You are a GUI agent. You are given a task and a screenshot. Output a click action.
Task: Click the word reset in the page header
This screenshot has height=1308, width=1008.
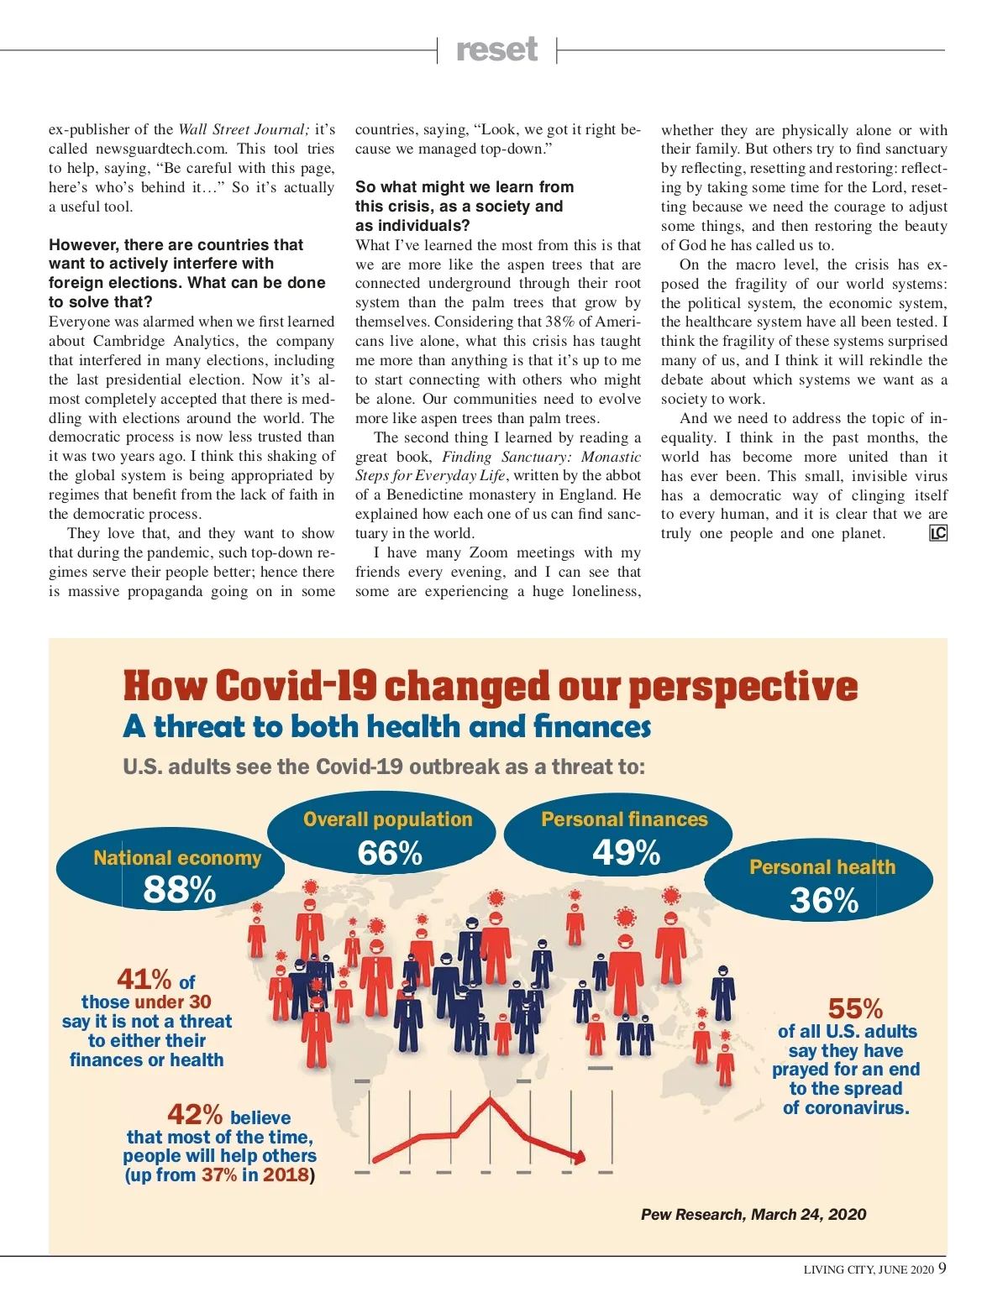click(496, 50)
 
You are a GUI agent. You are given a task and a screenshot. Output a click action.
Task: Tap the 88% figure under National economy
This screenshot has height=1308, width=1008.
click(180, 890)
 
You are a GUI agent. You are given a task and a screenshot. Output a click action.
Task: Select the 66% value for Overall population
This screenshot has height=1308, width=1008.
click(390, 854)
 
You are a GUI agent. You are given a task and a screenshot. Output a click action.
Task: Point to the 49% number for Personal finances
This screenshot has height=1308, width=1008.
click(627, 853)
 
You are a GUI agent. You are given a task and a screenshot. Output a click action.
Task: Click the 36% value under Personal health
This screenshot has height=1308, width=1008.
click(824, 901)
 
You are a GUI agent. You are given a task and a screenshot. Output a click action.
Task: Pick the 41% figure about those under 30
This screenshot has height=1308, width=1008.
click(144, 979)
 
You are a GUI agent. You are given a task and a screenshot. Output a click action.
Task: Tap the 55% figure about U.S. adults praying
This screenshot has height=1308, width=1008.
click(855, 1008)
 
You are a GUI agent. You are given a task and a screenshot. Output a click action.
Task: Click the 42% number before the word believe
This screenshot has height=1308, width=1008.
click(195, 1115)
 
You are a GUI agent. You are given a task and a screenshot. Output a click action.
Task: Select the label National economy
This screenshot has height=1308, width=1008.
click(177, 858)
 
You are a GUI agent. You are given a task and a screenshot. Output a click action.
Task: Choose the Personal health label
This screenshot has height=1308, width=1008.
click(822, 867)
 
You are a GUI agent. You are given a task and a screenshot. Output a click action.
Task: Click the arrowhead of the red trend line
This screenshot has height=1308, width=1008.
click(579, 1157)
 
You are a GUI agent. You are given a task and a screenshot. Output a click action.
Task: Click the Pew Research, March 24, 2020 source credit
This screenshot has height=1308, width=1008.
click(753, 1215)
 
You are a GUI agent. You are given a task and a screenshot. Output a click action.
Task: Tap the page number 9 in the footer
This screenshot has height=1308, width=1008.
click(942, 1268)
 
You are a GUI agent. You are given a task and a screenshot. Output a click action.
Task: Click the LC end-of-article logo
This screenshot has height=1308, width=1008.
click(938, 533)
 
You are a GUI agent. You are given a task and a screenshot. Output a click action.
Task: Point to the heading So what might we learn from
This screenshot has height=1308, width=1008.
click(465, 186)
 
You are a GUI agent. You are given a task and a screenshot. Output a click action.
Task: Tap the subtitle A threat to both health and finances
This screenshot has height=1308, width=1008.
click(386, 727)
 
